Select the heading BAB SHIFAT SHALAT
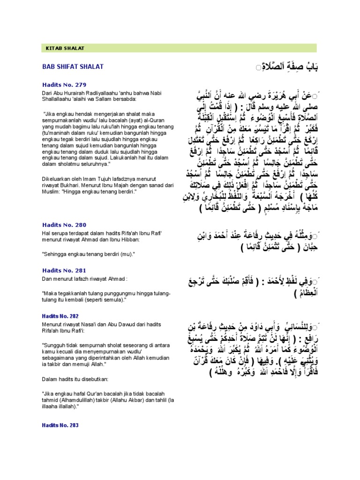click(x=73, y=67)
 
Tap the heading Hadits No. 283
click(x=62, y=425)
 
